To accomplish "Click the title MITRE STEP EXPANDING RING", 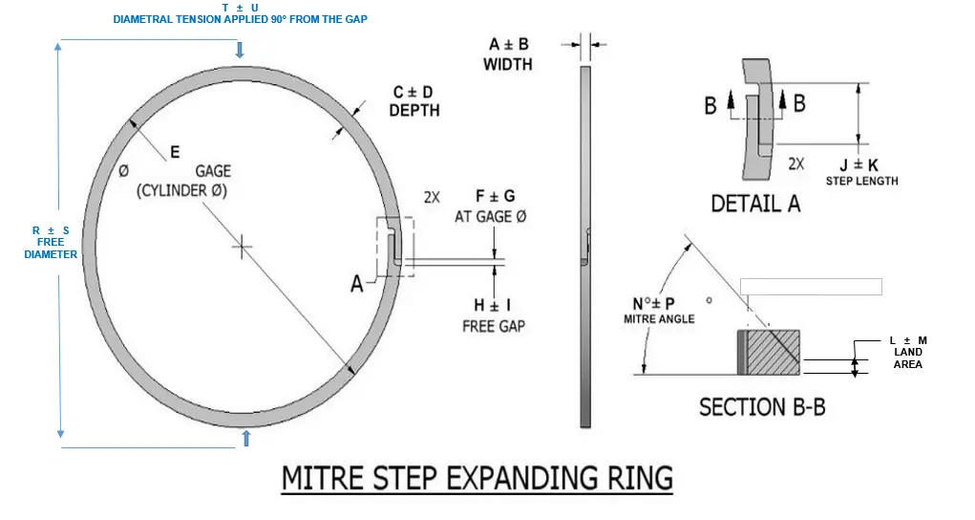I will tap(477, 477).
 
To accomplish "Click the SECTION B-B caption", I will tap(762, 406).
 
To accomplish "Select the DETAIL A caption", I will tap(755, 204).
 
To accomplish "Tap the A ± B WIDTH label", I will tap(508, 54).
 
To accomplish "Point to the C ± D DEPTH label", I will tap(413, 101).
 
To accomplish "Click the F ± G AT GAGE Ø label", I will tap(490, 206).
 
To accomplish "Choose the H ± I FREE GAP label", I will tap(493, 315).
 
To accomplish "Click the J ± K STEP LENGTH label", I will tap(861, 171).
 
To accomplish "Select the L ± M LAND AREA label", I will tap(907, 352).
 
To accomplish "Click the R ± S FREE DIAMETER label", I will tap(51, 242).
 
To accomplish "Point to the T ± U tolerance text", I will tap(240, 8).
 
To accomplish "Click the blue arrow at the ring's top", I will tap(240, 50).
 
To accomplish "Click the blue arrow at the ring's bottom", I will tap(246, 437).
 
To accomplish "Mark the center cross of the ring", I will tap(243, 248).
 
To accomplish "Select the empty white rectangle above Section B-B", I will tap(811, 286).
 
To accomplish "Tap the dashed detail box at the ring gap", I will tap(395, 248).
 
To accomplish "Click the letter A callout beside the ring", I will tap(357, 284).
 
